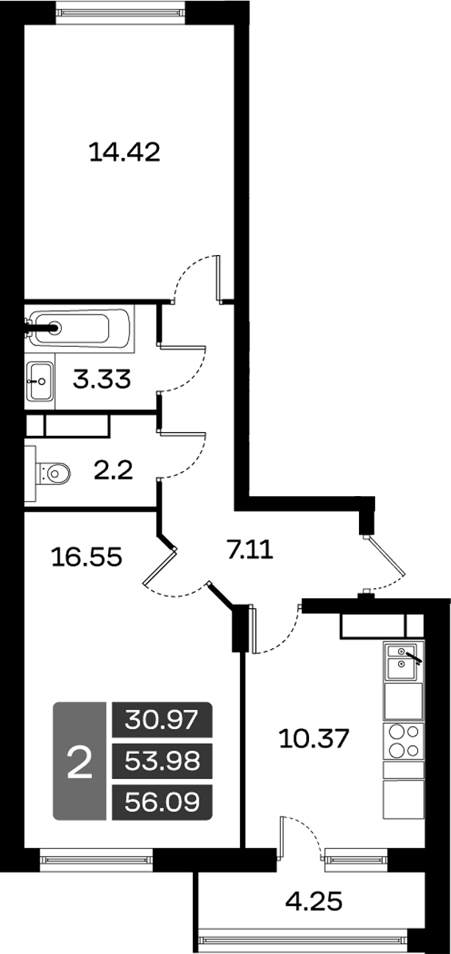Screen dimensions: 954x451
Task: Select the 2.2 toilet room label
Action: pyautogui.click(x=113, y=468)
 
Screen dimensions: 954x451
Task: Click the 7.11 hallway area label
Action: pyautogui.click(x=250, y=548)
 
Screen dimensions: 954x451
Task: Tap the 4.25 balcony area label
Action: pyautogui.click(x=313, y=900)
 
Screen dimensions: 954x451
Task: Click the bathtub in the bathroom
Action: pyautogui.click(x=79, y=328)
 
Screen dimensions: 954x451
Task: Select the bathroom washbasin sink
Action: pyautogui.click(x=40, y=381)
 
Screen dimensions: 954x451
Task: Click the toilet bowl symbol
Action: pyautogui.click(x=55, y=470)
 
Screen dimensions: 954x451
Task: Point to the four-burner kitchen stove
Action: pyautogui.click(x=404, y=740)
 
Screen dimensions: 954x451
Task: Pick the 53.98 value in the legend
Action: pyautogui.click(x=162, y=761)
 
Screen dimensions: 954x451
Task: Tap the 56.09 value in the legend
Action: pyautogui.click(x=162, y=802)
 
